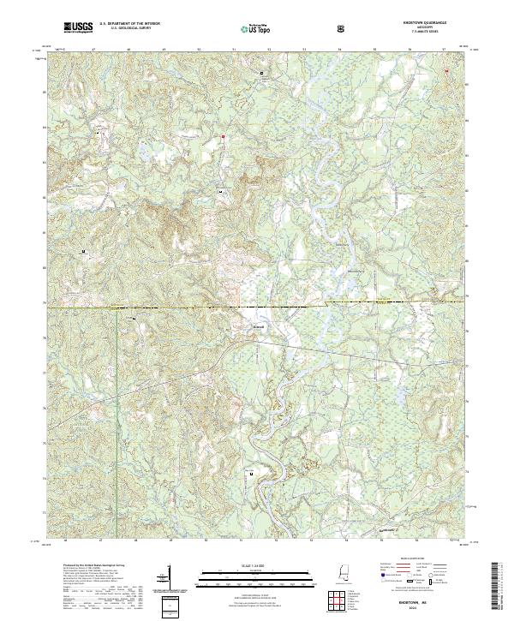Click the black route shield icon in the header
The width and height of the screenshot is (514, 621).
point(342,29)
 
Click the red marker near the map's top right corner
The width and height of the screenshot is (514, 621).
point(445,70)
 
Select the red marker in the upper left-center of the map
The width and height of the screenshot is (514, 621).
point(223,136)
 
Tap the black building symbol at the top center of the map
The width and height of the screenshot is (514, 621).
point(262,75)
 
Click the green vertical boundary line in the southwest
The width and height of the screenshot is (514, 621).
point(117,403)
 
